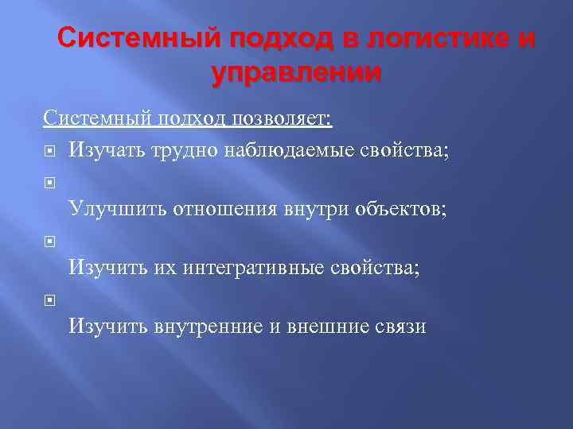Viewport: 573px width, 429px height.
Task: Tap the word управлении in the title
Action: [296, 72]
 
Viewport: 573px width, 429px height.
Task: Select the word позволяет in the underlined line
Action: [282, 119]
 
